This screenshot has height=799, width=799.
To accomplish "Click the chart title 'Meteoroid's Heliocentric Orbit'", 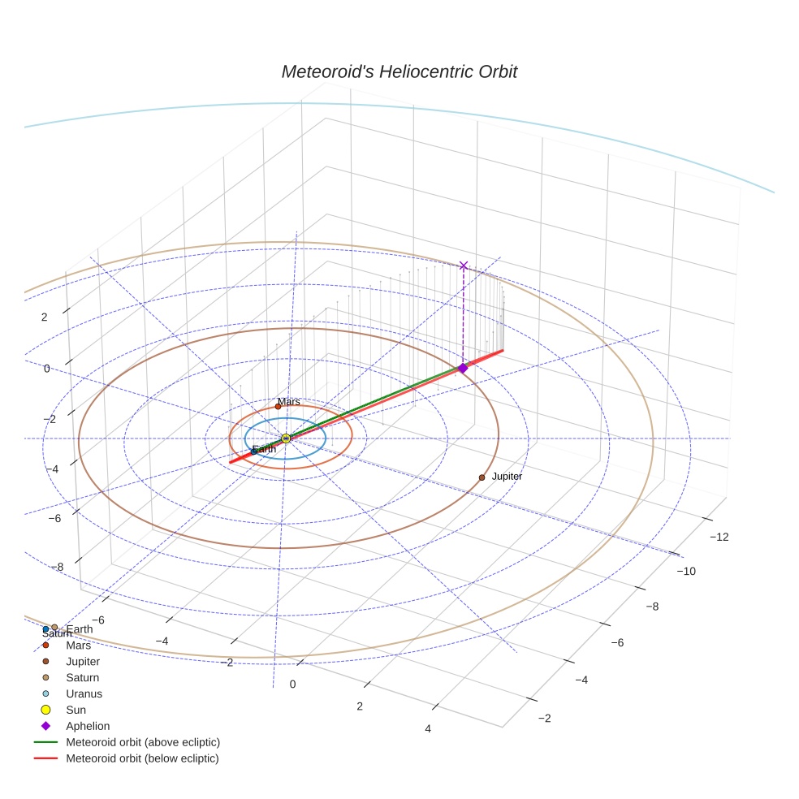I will pos(399,71).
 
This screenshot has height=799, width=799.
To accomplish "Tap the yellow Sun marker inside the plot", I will pos(286,438).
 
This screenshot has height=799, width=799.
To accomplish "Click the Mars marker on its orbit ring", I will pos(278,407).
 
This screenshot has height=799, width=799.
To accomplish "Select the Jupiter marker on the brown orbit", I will pos(482,477).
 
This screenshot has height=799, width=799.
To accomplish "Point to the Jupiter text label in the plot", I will pos(507,477).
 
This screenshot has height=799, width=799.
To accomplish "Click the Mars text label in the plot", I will pos(288,402).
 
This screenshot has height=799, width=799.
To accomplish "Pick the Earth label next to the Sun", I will pos(264,450).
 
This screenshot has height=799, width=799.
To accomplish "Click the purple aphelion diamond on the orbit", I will pos(463,369).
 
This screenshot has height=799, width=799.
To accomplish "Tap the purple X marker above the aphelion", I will pos(464,266).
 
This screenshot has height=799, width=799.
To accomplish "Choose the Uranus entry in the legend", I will pos(84,693).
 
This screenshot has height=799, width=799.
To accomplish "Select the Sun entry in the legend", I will pos(76,710).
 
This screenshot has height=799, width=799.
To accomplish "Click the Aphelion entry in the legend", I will pos(87,726).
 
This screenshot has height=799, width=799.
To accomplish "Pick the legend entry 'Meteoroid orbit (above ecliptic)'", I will pos(142,742).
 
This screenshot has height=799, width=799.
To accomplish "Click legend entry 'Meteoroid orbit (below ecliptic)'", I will pos(142,758).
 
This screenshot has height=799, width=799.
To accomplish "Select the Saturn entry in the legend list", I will pos(82,677).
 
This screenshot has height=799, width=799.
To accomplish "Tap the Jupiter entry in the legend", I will pos(83,662).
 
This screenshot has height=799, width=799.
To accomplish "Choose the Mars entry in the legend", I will pos(78,646).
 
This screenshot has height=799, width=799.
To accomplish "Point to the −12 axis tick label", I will pos(719,537).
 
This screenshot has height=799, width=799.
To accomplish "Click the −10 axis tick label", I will pos(687,572).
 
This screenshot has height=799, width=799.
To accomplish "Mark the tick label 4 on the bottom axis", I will pos(428,728).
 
